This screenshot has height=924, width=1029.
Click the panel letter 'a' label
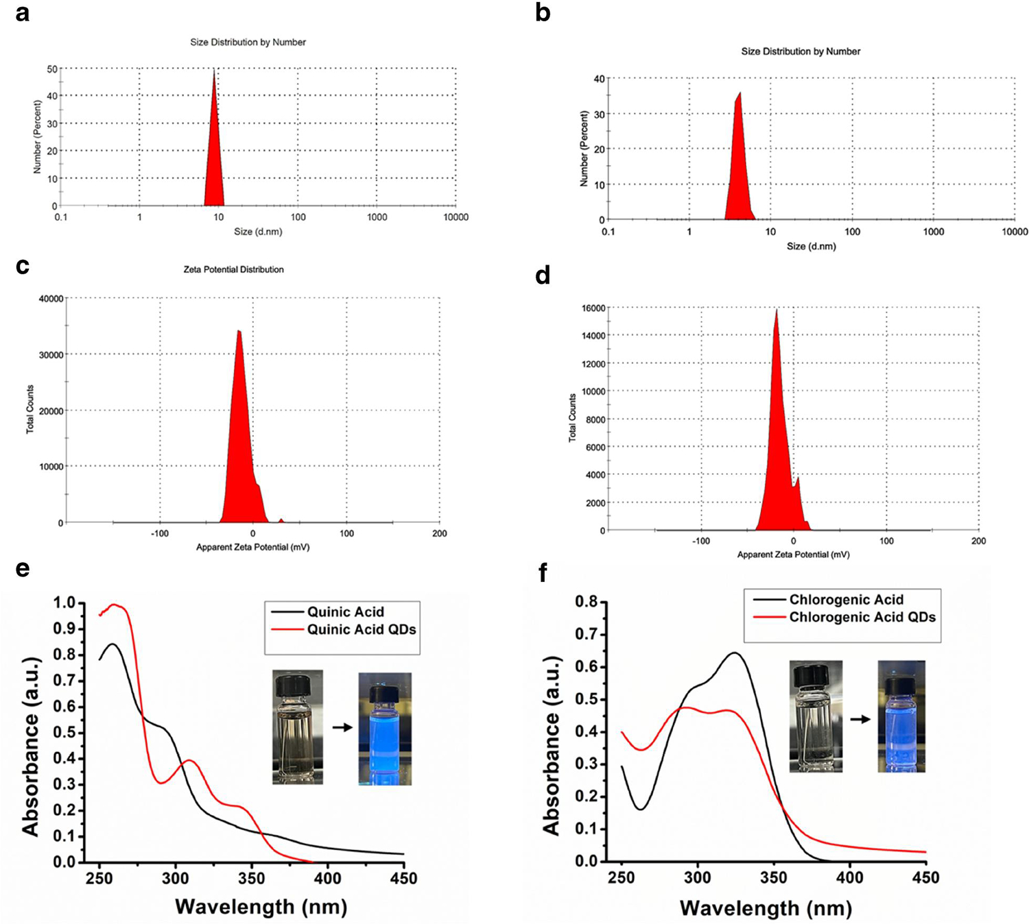23,13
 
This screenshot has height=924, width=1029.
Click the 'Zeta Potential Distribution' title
233,269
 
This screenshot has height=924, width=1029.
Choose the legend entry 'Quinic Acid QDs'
361,629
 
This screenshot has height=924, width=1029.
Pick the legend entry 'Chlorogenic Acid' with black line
845,600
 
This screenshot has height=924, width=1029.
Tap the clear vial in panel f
816,718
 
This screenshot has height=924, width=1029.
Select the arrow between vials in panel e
342,727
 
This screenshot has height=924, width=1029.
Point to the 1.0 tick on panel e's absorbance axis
64,603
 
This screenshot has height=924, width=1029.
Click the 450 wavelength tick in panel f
926,878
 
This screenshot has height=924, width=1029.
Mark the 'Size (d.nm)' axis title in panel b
811,246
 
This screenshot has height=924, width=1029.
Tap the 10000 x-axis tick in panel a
456,217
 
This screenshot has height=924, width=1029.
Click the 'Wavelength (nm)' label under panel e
261,907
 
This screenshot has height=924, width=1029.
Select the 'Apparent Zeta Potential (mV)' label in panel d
793,555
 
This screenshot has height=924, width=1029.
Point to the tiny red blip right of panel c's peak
281,521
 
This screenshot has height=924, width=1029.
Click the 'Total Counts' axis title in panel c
30,409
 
